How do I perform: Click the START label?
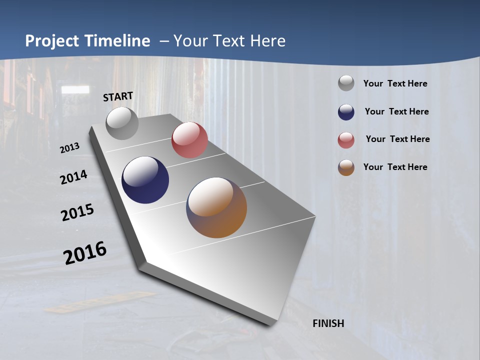pos(118,96)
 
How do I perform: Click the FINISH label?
pos(328,323)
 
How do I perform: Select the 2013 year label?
pos(70,147)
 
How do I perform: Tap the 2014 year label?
pos(74,177)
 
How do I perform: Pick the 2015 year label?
pos(77,212)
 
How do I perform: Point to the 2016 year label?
pos(85,253)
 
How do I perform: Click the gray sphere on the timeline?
pos(122,123)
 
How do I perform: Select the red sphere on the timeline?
pos(189,140)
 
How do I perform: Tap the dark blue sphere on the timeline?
pos(145,180)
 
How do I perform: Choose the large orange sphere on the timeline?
pos(216,207)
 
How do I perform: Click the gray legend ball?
pos(346,83)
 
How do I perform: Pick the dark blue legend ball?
pos(346,112)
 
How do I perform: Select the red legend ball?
pos(346,140)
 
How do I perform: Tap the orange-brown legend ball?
pos(346,167)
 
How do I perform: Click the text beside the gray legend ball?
pos(395,83)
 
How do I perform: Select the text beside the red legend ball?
pos(397,139)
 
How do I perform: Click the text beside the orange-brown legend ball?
pos(395,167)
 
